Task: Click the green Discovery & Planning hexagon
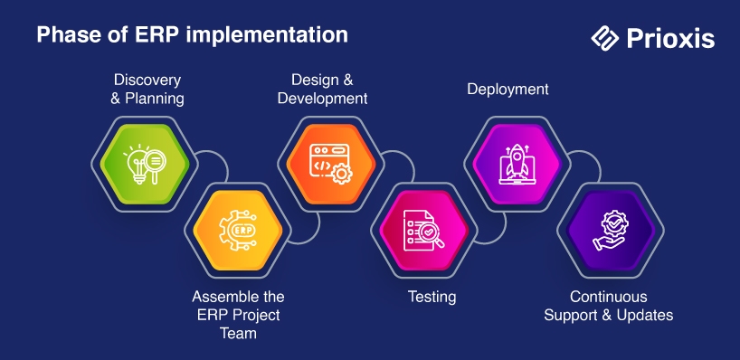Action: (145, 165)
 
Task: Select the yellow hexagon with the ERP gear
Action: (238, 231)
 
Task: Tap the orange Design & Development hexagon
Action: (331, 165)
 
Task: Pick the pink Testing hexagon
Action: (424, 231)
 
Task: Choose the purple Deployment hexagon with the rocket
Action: (517, 165)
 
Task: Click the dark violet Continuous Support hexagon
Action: (611, 231)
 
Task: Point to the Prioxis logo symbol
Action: (604, 38)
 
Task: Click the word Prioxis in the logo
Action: (670, 38)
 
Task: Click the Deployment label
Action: (508, 90)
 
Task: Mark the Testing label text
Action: (432, 297)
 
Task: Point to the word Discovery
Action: (147, 81)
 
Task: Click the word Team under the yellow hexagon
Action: (238, 333)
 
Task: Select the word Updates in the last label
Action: (644, 315)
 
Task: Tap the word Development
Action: (322, 99)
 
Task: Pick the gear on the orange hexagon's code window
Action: (342, 175)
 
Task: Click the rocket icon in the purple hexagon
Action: (517, 158)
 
